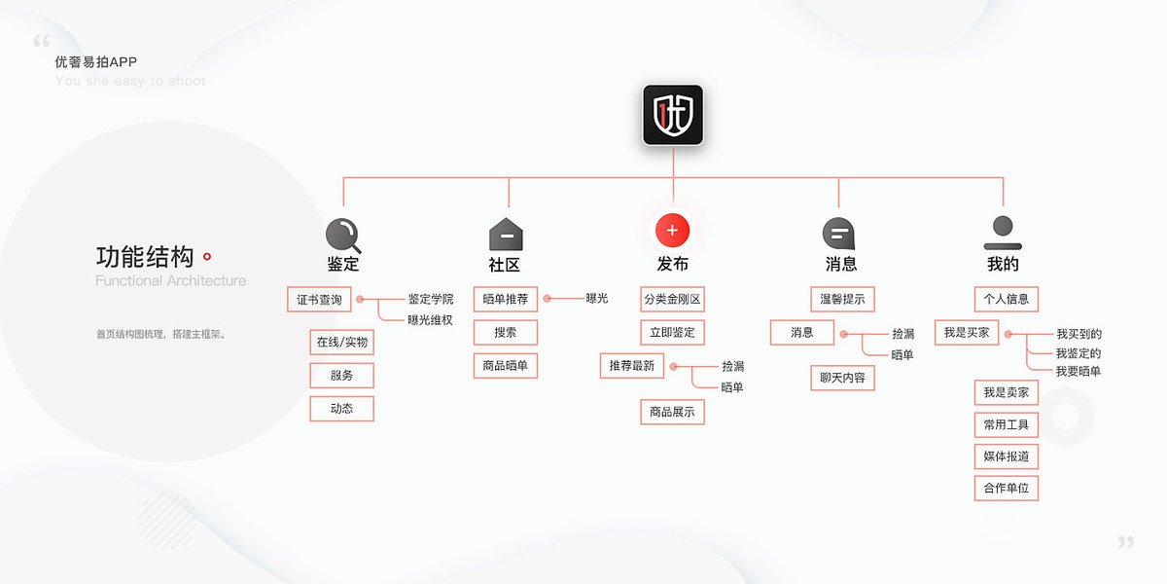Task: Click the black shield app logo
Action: click(672, 116)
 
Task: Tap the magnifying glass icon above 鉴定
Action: click(342, 234)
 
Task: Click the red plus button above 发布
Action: click(672, 231)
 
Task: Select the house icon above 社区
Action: click(506, 235)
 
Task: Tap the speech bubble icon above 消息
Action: click(838, 233)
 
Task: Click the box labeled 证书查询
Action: click(319, 299)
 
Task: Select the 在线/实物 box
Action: click(341, 343)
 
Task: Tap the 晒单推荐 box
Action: click(506, 299)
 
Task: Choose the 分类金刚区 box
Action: click(672, 299)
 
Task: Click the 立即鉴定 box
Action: click(672, 332)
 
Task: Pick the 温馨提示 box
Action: click(841, 298)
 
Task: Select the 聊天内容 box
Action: click(841, 378)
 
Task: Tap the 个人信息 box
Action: click(1006, 298)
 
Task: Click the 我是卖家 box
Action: click(1006, 392)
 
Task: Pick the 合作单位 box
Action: click(1006, 488)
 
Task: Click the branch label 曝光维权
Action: click(430, 319)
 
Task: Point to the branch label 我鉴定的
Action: click(1079, 353)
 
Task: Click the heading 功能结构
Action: click(145, 257)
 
